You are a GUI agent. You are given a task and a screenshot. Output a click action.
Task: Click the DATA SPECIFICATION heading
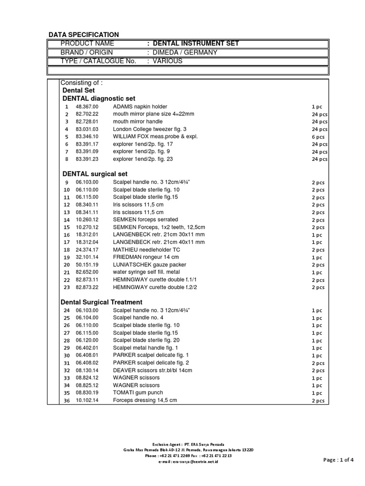pos(84,35)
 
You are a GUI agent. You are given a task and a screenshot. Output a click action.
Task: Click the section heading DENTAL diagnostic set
pos(99,98)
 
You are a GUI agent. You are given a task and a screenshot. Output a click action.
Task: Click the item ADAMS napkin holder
pos(140,107)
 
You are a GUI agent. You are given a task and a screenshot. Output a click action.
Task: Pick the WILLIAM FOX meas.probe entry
pos(148,137)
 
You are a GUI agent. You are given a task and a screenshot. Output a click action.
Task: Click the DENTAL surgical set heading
pos(95,174)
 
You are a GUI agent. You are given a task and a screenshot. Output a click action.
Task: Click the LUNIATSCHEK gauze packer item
pos(149,265)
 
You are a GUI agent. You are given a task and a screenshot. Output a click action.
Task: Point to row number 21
pos(67,272)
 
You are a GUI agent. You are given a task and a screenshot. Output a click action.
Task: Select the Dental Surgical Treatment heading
pos(101,302)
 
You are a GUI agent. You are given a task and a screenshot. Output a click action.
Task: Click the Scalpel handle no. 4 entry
pos(138,318)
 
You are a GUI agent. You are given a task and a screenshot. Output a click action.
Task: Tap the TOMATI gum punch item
pos(138,393)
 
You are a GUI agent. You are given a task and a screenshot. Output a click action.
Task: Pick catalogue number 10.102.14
pos(86,401)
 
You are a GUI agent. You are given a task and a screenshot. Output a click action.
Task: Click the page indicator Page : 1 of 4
pos(338,459)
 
